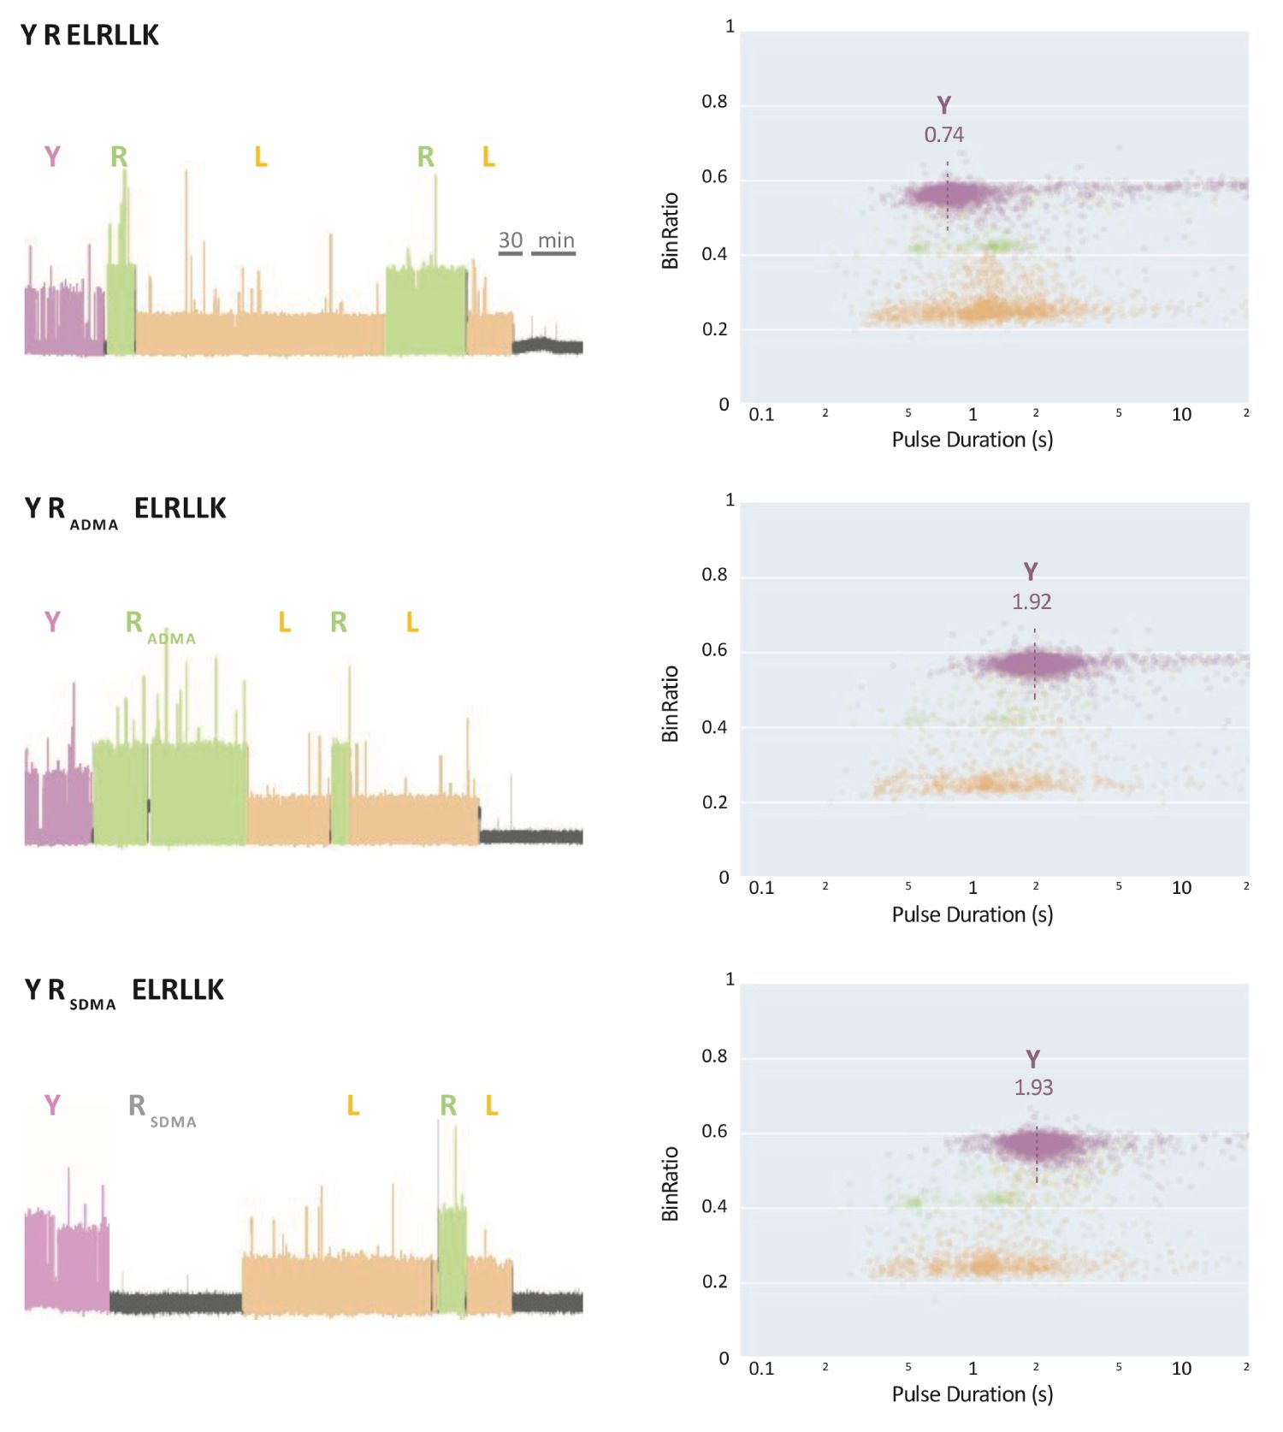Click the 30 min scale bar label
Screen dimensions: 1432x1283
[536, 240]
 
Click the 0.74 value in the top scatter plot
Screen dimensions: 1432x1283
[943, 134]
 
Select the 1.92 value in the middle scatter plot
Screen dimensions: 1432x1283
[1031, 601]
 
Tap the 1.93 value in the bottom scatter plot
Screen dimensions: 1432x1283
[1033, 1087]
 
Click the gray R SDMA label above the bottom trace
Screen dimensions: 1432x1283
[161, 1109]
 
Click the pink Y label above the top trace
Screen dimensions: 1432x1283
[52, 157]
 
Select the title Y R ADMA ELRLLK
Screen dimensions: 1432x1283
[125, 509]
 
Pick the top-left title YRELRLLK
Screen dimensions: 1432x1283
[90, 35]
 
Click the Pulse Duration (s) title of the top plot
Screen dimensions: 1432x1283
[972, 440]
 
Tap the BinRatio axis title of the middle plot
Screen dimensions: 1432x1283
[670, 703]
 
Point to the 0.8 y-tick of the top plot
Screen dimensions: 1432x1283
[714, 102]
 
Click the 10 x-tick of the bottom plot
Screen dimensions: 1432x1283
[1180, 1368]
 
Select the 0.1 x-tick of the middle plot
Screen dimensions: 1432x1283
[761, 887]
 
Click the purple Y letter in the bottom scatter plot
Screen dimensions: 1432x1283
[1032, 1059]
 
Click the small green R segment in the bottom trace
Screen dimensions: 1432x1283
[452, 1257]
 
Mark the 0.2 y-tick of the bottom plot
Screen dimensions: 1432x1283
[714, 1281]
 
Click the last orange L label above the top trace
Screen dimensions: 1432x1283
[488, 157]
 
